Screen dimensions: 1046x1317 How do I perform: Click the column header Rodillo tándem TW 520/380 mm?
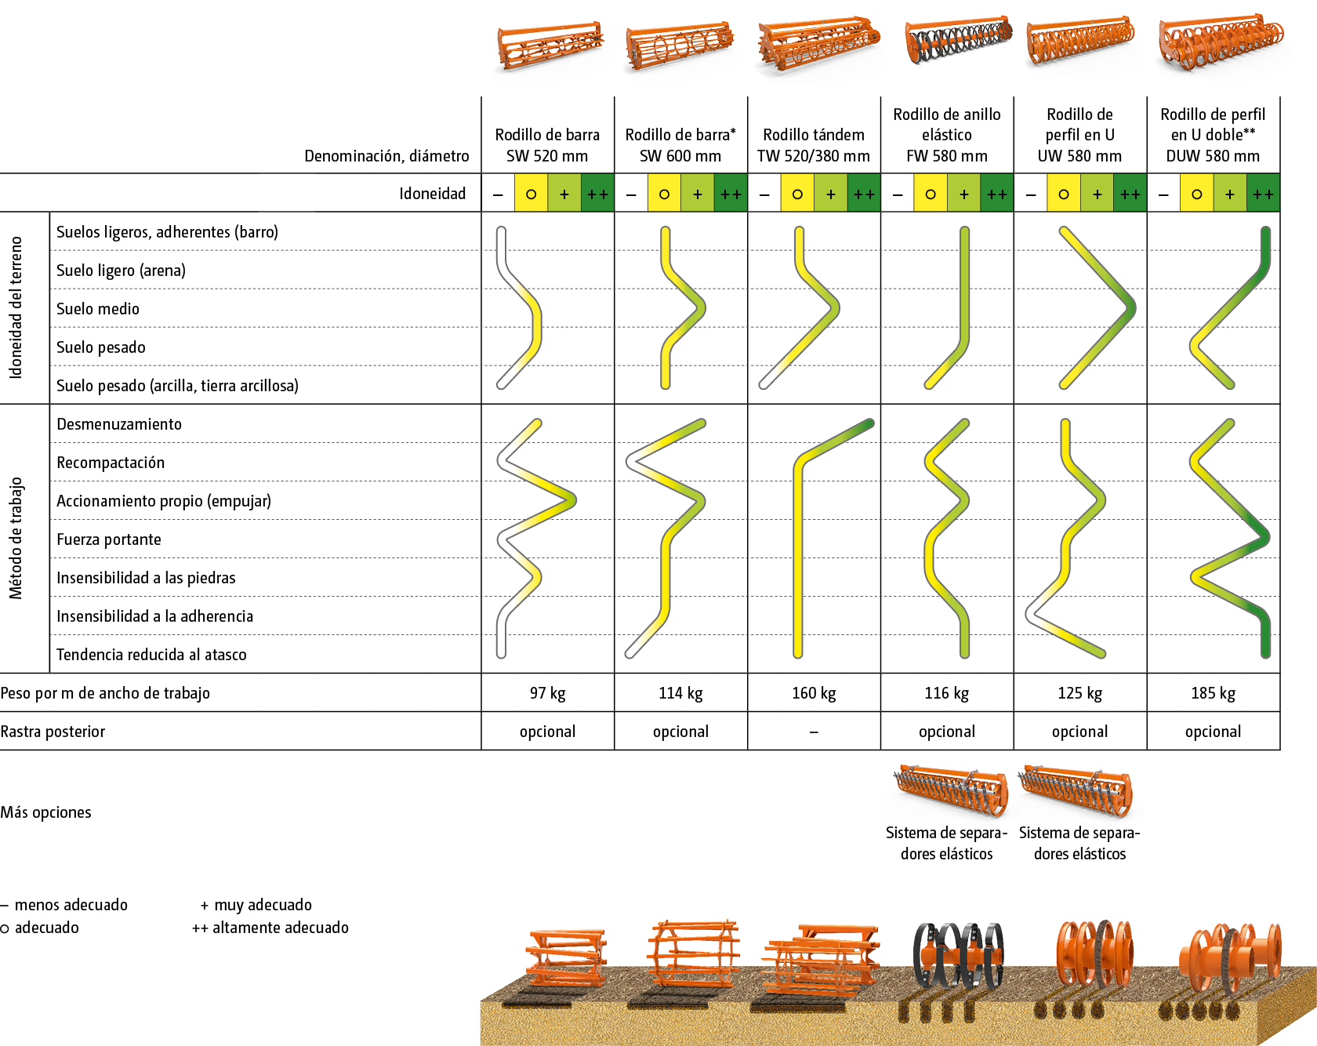coord(814,145)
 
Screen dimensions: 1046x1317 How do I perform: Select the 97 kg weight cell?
coord(547,693)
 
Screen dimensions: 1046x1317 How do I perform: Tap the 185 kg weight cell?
coord(1213,693)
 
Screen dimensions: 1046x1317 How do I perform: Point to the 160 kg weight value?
coord(814,693)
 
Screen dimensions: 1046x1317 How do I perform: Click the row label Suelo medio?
coord(98,309)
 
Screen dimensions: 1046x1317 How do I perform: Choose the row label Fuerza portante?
coord(109,539)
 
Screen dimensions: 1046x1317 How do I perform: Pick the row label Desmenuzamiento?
coord(119,424)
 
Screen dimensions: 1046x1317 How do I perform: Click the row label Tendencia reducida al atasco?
coord(151,655)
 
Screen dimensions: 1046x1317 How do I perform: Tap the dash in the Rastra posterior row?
coord(814,732)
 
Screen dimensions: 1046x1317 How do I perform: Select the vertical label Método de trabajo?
coord(16,538)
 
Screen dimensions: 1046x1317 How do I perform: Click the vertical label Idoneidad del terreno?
coord(16,308)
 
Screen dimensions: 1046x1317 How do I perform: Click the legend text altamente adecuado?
coord(280,928)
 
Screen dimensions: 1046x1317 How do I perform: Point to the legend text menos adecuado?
coord(71,905)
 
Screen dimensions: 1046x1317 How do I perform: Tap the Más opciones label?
coord(45,812)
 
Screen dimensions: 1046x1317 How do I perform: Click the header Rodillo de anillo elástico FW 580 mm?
coord(947,135)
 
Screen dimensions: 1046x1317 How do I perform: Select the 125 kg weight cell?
coord(1079,693)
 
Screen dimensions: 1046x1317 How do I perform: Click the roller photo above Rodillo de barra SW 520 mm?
coord(549,49)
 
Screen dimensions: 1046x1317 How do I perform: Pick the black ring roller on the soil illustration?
coord(958,953)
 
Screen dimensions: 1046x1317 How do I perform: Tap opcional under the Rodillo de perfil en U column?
coord(1079,732)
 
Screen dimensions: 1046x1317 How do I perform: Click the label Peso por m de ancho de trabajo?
coord(105,693)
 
